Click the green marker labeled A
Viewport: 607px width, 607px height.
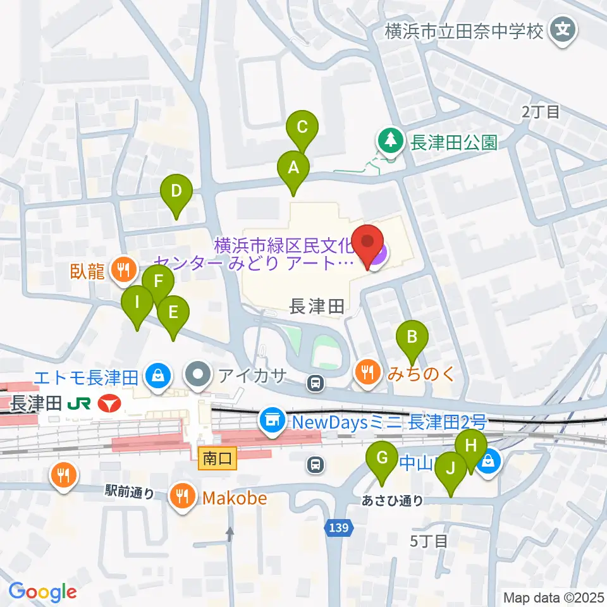(x=293, y=169)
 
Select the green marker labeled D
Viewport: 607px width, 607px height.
(x=176, y=192)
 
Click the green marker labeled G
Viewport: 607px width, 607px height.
(x=382, y=458)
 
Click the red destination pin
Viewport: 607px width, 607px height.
(x=369, y=243)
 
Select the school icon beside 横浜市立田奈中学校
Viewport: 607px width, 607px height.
(x=562, y=28)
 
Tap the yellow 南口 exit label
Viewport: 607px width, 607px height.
(x=218, y=459)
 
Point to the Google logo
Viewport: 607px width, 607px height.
(x=42, y=592)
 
